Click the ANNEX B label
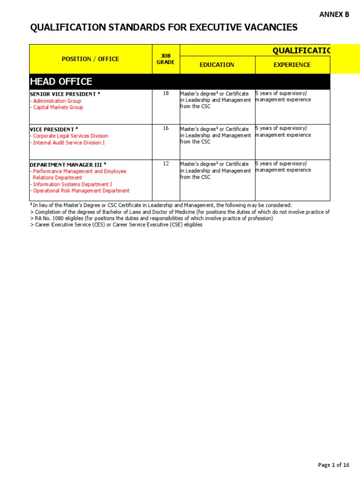[334, 15]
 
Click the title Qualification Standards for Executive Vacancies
[164, 28]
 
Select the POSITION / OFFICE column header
[90, 59]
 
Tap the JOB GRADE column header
[165, 59]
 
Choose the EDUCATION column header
[217, 65]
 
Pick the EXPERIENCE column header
[292, 65]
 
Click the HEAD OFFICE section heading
[61, 82]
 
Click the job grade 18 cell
[165, 93]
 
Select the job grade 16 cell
[165, 128]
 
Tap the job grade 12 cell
[165, 164]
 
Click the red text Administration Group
[57, 101]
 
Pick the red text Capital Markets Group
[58, 107]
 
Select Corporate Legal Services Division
[70, 136]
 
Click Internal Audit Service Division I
[69, 142]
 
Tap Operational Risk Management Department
[81, 191]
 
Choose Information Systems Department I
[72, 184]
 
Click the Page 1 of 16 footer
[333, 465]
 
